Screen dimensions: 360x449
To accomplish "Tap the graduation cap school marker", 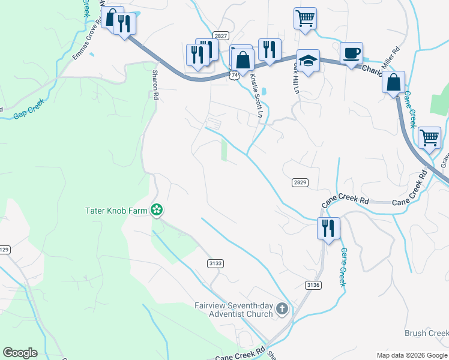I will pyautogui.click(x=308, y=61).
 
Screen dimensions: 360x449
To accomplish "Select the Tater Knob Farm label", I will pyautogui.click(x=116, y=210).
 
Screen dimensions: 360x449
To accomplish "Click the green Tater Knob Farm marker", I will pyautogui.click(x=157, y=210).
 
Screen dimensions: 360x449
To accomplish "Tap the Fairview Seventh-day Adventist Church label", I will pyautogui.click(x=233, y=310).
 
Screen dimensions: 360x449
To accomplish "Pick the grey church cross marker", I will pyautogui.click(x=282, y=310).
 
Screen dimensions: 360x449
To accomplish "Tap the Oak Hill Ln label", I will pyautogui.click(x=295, y=74).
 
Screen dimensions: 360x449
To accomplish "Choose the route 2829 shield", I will pyautogui.click(x=300, y=182).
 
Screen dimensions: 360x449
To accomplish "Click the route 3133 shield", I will pyautogui.click(x=215, y=263).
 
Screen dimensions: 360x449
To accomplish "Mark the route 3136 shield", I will pyautogui.click(x=312, y=284).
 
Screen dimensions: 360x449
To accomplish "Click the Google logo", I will pyautogui.click(x=20, y=353).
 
